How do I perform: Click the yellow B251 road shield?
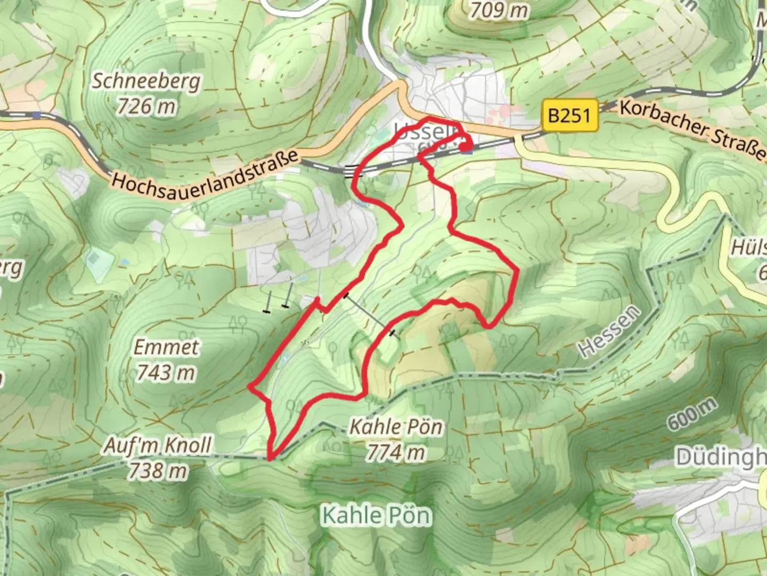coord(569,116)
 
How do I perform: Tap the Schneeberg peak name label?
coord(146,81)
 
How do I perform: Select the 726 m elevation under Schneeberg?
coord(146,106)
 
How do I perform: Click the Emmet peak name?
coord(166,347)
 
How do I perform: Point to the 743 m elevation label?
coord(166,372)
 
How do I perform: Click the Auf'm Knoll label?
coord(158,445)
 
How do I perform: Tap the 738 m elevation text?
coord(158,470)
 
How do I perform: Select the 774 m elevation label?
coord(395,453)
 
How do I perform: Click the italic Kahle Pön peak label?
coord(395,427)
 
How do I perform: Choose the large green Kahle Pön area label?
coord(376,515)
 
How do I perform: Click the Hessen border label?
coord(609,332)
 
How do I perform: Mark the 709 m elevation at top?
coord(499,10)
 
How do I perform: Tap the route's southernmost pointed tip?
coord(271,458)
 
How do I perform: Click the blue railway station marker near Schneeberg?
coord(36,115)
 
